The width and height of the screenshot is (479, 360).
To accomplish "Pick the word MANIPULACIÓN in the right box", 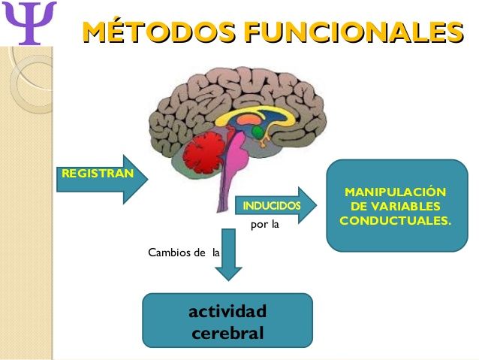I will [x=395, y=192].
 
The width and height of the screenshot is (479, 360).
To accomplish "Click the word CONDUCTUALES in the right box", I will [x=395, y=221].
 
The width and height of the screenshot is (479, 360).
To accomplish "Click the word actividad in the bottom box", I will [x=227, y=311].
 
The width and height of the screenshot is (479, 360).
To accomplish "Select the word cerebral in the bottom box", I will [x=227, y=332].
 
